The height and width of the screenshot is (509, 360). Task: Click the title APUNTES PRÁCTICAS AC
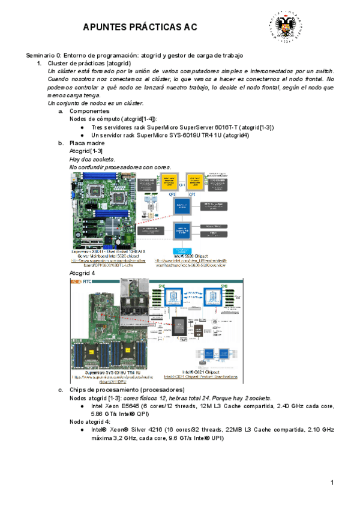click(139, 27)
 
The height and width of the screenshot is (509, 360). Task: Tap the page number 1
click(332, 483)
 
